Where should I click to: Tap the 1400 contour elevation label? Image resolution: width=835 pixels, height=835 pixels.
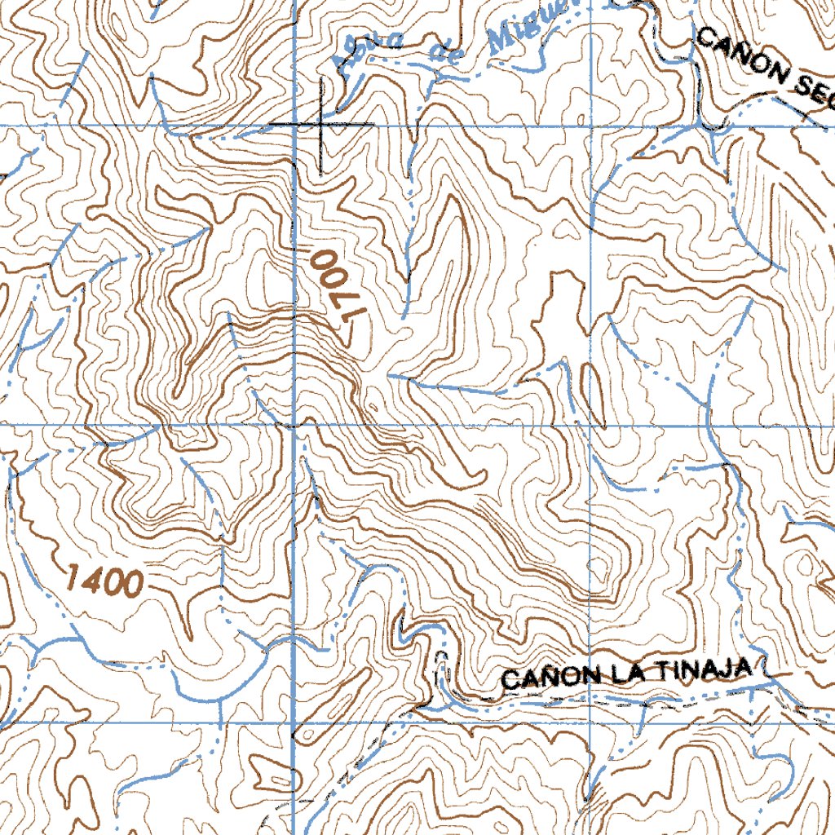(104, 581)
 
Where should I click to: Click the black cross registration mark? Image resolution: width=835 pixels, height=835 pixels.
(320, 124)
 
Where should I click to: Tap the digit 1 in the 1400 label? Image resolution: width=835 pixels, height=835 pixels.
(72, 579)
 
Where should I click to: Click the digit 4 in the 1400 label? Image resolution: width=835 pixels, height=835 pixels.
(92, 581)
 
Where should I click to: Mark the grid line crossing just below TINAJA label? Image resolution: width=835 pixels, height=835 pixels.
(590, 722)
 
